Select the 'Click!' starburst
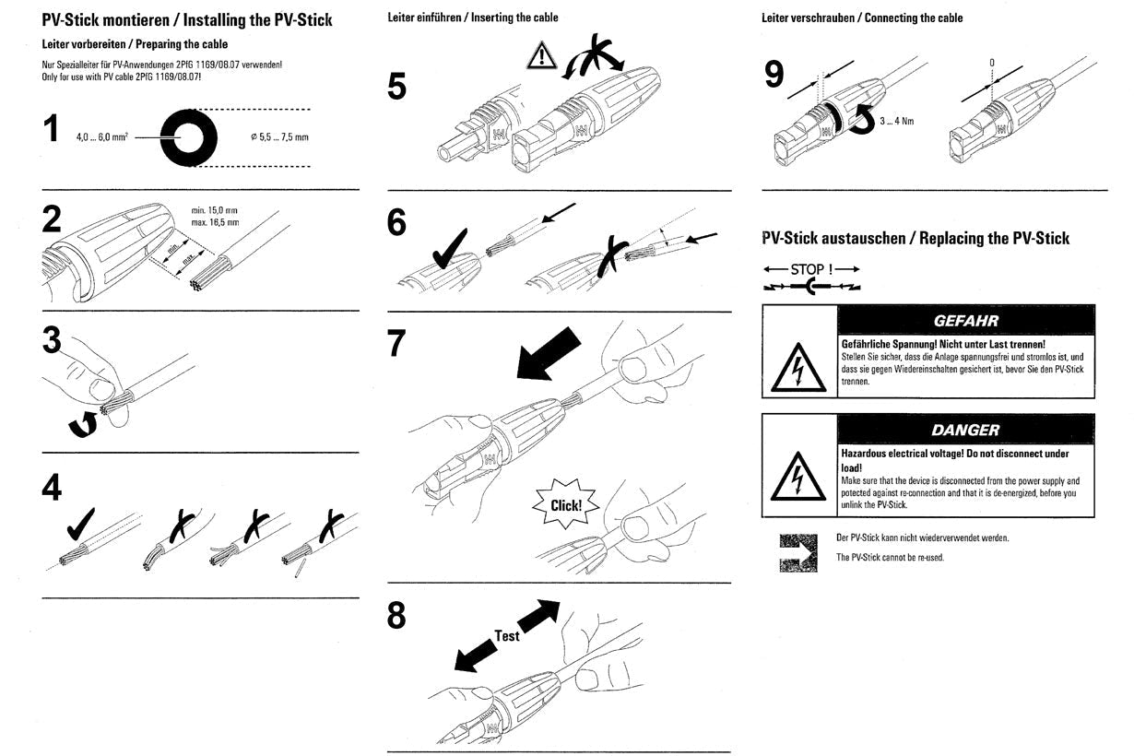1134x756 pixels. pyautogui.click(x=566, y=504)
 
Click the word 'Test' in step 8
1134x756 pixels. pyautogui.click(x=506, y=635)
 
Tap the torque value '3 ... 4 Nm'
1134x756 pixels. pyautogui.click(x=895, y=121)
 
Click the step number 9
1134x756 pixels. pyautogui.click(x=774, y=75)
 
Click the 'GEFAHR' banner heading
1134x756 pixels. pyautogui.click(x=964, y=321)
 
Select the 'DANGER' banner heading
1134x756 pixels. pyautogui.click(x=964, y=430)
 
